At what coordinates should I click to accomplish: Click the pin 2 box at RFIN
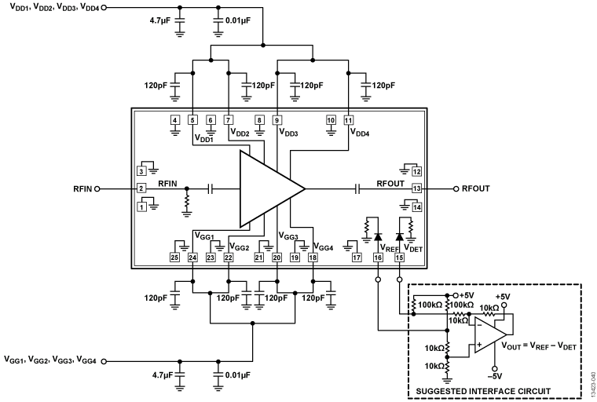pos(141,188)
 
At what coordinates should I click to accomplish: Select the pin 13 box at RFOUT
pos(417,188)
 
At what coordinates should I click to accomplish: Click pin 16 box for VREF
pos(378,258)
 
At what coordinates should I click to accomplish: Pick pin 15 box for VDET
pos(399,258)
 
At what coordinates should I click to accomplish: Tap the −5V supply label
pos(496,375)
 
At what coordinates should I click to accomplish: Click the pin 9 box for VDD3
pos(277,120)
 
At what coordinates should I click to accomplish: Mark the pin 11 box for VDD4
pos(348,120)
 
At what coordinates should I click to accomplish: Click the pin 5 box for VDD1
pos(192,120)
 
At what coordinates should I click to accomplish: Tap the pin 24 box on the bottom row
pos(192,258)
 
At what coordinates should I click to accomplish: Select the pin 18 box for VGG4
pos(313,258)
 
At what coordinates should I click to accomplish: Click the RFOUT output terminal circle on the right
pos(455,188)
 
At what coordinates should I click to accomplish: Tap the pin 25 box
pos(174,258)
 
